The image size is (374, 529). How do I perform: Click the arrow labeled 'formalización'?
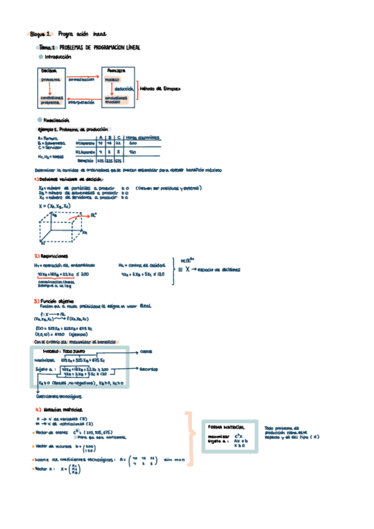pos(81,80)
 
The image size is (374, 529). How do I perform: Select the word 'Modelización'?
pos(57,119)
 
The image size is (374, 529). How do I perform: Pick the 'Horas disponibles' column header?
pos(142,137)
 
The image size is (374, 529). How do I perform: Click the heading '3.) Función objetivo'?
pos(54,301)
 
